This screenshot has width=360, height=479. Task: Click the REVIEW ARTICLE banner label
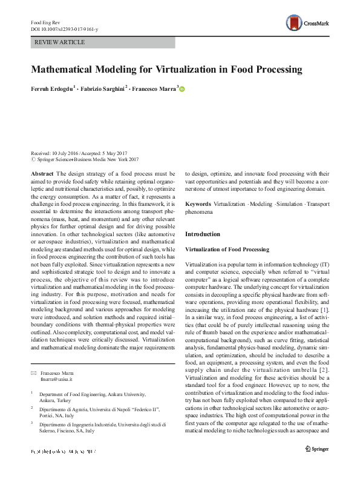pyautogui.click(x=60, y=42)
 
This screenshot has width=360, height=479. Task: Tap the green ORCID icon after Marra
pyautogui.click(x=182, y=89)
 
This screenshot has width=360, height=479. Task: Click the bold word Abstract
pyautogui.click(x=41, y=173)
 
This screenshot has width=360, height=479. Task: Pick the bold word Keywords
pyautogui.click(x=198, y=205)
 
